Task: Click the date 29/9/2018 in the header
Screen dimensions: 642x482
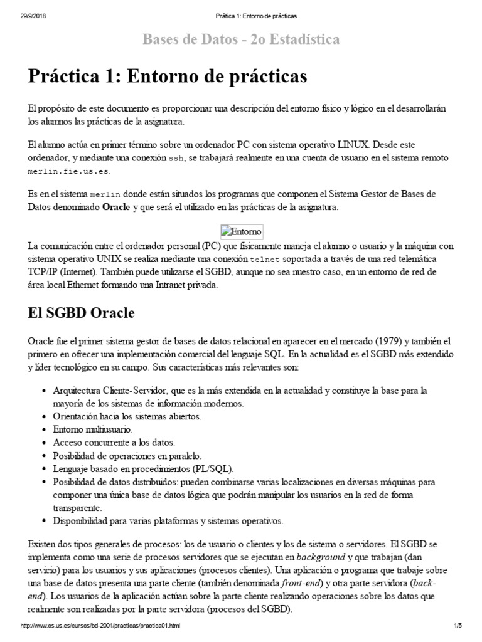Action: pyautogui.click(x=26, y=14)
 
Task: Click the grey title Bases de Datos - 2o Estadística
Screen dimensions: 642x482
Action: pyautogui.click(x=241, y=39)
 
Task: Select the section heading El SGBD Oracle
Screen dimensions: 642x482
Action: pyautogui.click(x=81, y=313)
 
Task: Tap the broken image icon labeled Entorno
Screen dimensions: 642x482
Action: pyautogui.click(x=242, y=231)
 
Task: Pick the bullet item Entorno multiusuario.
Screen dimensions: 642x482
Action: pyautogui.click(x=94, y=430)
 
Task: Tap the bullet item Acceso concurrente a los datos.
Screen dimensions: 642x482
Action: pyautogui.click(x=114, y=443)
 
